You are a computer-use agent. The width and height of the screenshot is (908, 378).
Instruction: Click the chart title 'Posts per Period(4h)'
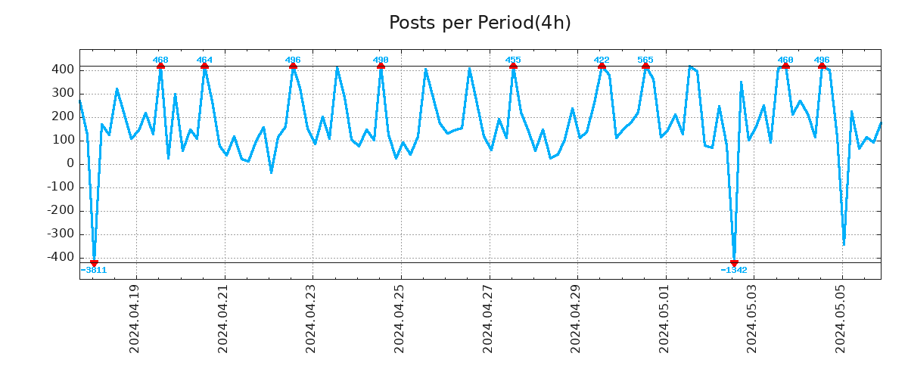[x=480, y=23]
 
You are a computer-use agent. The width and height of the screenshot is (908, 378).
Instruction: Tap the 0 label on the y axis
[x=70, y=163]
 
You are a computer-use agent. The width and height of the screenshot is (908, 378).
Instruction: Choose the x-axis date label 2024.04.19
[x=135, y=318]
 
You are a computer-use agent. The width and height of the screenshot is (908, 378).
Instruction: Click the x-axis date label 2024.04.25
[x=400, y=318]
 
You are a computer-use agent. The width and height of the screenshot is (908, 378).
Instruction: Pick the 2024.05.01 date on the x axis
[x=664, y=318]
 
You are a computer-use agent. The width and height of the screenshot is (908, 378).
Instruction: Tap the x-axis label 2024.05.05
[x=841, y=318]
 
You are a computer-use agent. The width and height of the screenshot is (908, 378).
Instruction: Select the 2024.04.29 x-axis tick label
[x=576, y=318]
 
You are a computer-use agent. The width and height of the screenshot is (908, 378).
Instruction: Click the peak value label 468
[x=160, y=60]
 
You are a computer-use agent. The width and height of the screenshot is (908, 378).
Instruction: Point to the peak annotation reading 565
[x=645, y=60]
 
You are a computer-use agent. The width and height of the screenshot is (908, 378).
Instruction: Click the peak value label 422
[x=602, y=60]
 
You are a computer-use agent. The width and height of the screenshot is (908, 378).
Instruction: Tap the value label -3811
[x=94, y=270]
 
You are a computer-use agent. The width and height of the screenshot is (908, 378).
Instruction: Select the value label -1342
[x=734, y=270]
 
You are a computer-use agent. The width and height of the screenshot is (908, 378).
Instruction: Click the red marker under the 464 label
[x=204, y=67]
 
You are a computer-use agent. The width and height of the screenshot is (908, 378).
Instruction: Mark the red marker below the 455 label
[x=513, y=67]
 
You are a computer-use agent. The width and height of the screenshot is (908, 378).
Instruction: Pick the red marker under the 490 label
[x=381, y=67]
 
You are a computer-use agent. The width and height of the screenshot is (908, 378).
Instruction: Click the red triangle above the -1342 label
[x=734, y=262]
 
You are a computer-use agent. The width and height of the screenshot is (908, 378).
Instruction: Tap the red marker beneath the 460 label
[x=785, y=67]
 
